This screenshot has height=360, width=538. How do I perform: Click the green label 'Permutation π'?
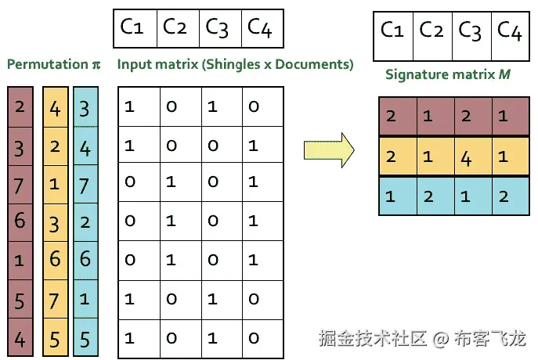tap(54, 64)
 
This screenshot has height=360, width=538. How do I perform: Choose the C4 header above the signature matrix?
tap(509, 31)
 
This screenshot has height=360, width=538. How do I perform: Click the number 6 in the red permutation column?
tap(19, 221)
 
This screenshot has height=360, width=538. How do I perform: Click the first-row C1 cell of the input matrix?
tap(130, 106)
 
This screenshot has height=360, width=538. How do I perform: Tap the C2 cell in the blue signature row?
tap(429, 196)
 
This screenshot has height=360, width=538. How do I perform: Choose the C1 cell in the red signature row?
tap(390, 116)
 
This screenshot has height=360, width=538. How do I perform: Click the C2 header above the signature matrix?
tap(431, 31)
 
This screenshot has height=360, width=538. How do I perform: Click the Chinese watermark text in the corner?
tap(422, 339)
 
